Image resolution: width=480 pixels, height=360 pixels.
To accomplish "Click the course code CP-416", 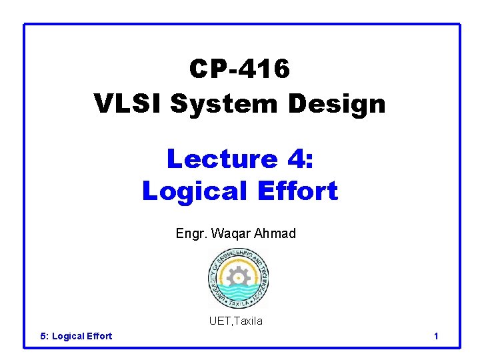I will [239, 69].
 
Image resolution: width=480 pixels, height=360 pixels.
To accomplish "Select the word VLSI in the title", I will [128, 103].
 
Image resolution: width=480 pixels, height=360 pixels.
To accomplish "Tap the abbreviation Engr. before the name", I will [190, 233].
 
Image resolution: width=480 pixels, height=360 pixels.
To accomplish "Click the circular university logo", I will [237, 277].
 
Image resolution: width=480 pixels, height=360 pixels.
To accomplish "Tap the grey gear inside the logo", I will [237, 275].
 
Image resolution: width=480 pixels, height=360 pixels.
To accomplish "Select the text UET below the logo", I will [219, 321].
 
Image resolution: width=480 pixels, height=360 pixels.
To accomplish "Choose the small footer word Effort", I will [99, 336].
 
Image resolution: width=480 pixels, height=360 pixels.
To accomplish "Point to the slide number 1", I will [436, 336].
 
